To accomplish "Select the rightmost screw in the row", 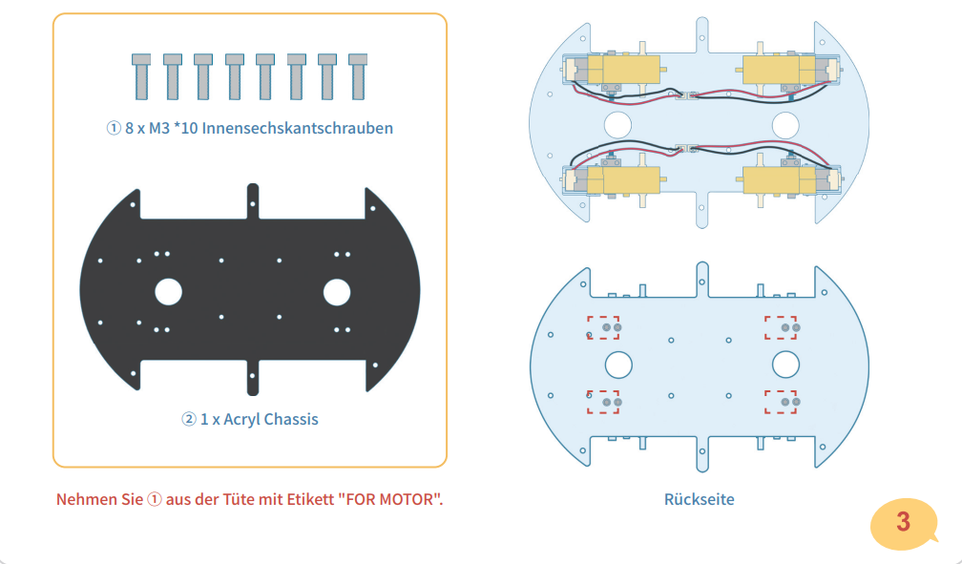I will click(x=359, y=75).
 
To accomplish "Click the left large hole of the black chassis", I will click(x=168, y=291).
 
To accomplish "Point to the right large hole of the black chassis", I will click(x=337, y=291).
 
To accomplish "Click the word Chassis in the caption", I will click(x=291, y=418).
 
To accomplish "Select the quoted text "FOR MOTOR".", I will click(x=390, y=499).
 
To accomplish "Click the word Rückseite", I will click(x=699, y=499).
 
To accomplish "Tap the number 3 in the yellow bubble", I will click(x=903, y=522).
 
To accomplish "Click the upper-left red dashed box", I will click(x=603, y=327).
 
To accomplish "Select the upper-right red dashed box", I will click(x=781, y=327).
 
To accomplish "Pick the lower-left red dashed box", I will click(x=603, y=402).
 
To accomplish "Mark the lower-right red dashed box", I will click(x=781, y=402).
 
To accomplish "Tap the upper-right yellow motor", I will click(x=777, y=69).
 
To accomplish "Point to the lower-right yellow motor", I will click(x=777, y=178).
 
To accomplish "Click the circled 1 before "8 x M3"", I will click(x=114, y=127).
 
